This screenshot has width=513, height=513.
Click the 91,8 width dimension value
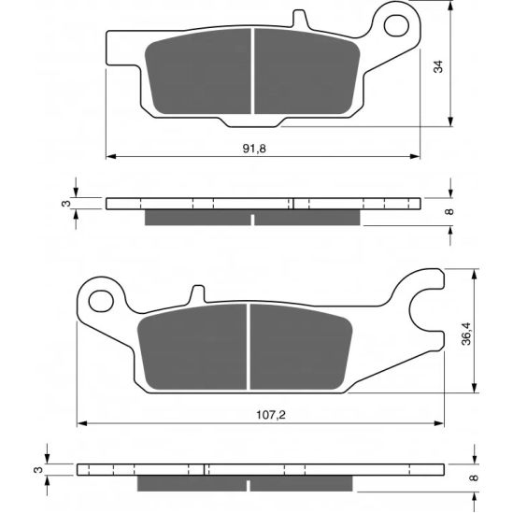[254, 149]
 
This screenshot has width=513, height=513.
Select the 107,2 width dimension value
[271, 415]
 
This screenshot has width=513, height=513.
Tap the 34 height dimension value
[438, 66]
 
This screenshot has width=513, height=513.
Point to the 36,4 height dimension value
[466, 334]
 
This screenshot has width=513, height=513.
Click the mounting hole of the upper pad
[396, 25]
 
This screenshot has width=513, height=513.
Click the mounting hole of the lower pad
[101, 301]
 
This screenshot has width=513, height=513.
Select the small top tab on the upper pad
[300, 19]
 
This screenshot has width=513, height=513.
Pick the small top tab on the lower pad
[197, 293]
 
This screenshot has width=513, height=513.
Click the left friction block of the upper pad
[198, 72]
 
